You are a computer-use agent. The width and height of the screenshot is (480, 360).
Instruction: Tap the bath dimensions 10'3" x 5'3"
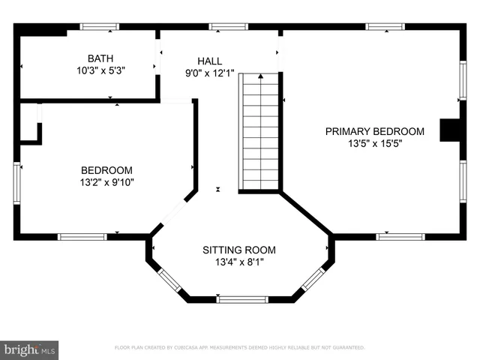coord(99,71)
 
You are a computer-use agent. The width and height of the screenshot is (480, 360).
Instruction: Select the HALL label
coord(209,61)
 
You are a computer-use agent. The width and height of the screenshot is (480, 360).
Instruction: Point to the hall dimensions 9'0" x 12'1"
coord(209,73)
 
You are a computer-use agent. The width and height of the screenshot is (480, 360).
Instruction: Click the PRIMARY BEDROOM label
coord(374,131)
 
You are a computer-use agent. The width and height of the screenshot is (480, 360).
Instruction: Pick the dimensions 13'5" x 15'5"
coord(374,144)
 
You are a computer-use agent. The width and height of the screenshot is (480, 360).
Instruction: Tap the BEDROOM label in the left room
coord(106,170)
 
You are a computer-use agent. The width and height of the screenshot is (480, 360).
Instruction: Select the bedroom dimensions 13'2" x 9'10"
coord(106,182)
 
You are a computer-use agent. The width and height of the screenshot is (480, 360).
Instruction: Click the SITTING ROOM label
coord(239,250)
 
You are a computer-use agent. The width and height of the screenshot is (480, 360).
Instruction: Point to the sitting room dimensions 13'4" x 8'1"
coord(239,262)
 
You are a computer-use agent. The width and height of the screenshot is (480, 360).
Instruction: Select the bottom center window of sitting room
coord(242,299)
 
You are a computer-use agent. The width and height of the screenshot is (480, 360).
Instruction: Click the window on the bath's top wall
coord(100,27)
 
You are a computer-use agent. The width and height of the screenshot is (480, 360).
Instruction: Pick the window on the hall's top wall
coord(228,27)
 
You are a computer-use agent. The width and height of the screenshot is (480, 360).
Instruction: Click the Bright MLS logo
coord(29,349)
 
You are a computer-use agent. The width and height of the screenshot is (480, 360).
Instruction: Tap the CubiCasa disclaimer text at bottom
coord(239,348)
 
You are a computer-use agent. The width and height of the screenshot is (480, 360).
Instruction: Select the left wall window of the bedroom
coord(16,183)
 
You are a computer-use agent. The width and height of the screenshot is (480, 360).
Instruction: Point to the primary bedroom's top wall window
coord(385,27)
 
